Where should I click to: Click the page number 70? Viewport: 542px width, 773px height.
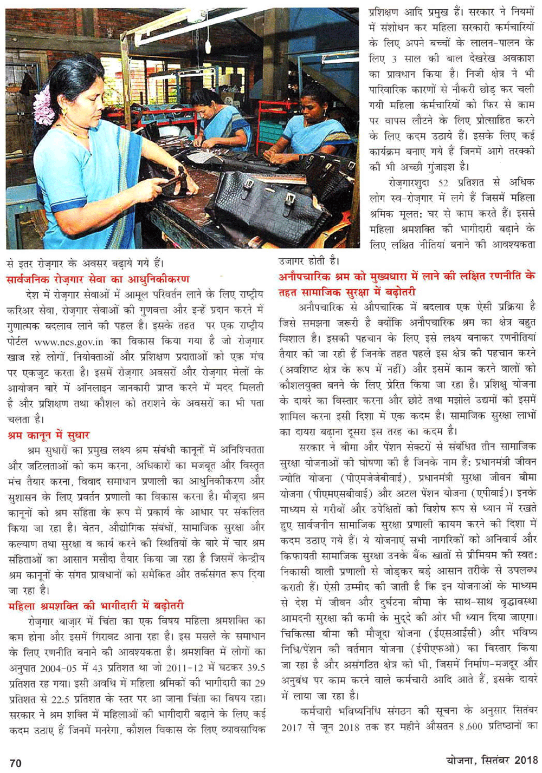[15, 763]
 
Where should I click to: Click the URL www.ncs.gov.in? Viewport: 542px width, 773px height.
[69, 342]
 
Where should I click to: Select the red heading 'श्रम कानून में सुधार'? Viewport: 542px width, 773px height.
[49, 435]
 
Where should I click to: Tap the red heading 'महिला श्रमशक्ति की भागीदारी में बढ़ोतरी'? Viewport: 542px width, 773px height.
[96, 605]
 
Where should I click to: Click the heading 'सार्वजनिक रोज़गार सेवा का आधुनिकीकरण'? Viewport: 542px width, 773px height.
[98, 279]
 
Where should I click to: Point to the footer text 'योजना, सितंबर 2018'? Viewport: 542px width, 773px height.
[492, 760]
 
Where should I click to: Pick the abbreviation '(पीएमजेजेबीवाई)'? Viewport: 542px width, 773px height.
[375, 478]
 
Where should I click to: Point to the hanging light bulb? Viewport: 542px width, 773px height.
[208, 46]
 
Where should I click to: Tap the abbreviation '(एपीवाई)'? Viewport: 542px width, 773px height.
[486, 493]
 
